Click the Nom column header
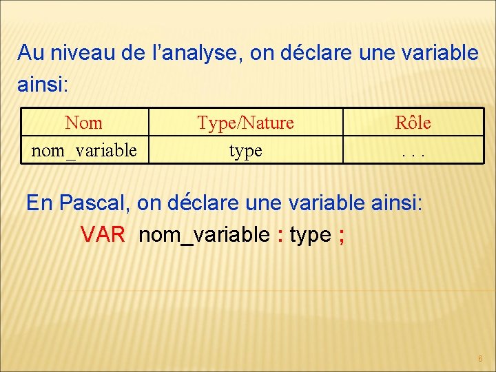(83, 123)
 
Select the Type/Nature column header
(245, 123)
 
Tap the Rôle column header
(413, 123)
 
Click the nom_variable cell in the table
(84, 149)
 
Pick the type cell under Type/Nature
(245, 150)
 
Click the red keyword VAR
(103, 235)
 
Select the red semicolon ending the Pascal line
(342, 235)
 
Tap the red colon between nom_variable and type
(280, 235)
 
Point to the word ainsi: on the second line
(42, 85)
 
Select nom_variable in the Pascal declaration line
(204, 235)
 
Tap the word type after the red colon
(310, 236)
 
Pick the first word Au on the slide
(30, 52)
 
